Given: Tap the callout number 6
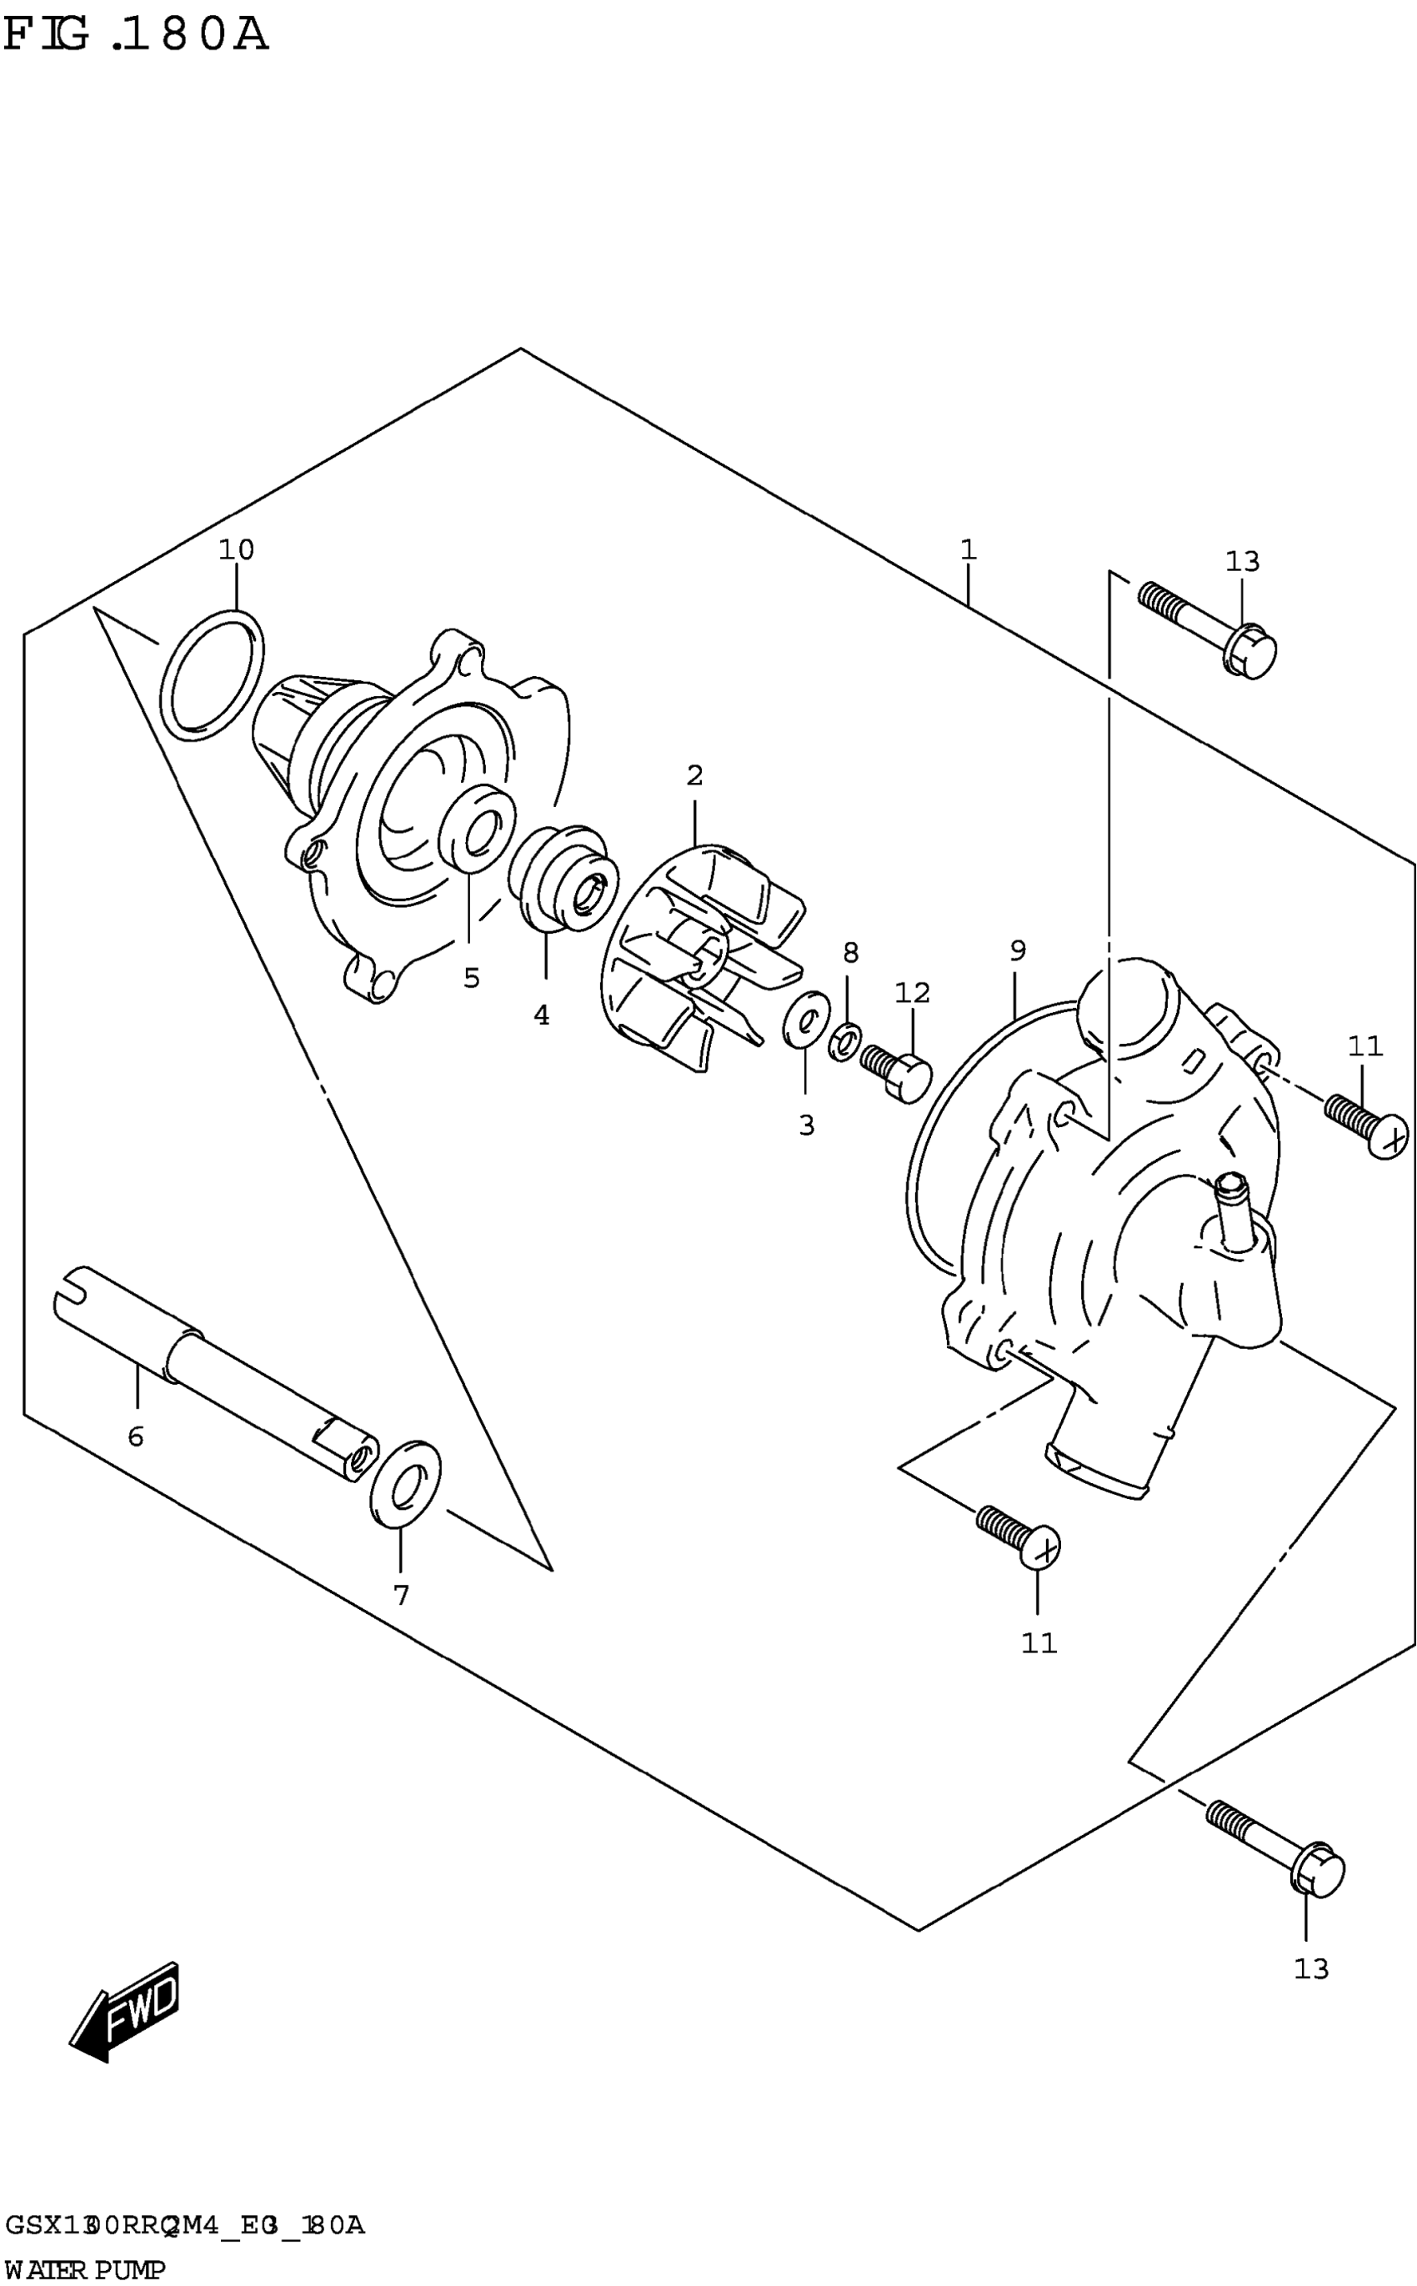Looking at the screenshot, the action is (136, 1436).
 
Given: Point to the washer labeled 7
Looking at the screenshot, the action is (405, 1484).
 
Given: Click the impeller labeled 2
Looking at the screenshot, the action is (703, 956).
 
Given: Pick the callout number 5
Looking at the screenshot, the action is (472, 978).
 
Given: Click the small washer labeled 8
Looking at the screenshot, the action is (845, 1042).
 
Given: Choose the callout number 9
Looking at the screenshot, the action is (1018, 950).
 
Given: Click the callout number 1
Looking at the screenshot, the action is (968, 549).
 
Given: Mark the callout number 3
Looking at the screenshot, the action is (806, 1125).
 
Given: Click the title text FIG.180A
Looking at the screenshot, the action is (136, 36).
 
